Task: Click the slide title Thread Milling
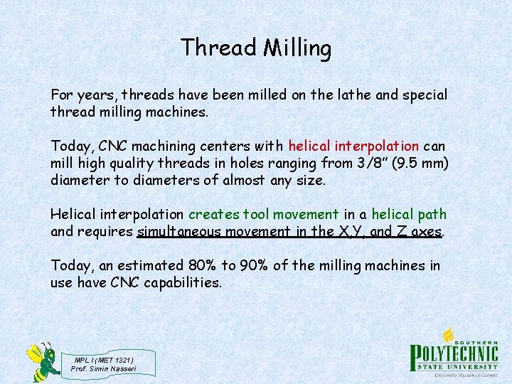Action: coord(256,48)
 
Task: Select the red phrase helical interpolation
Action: coord(353,146)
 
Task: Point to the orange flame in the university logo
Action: coord(448,335)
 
